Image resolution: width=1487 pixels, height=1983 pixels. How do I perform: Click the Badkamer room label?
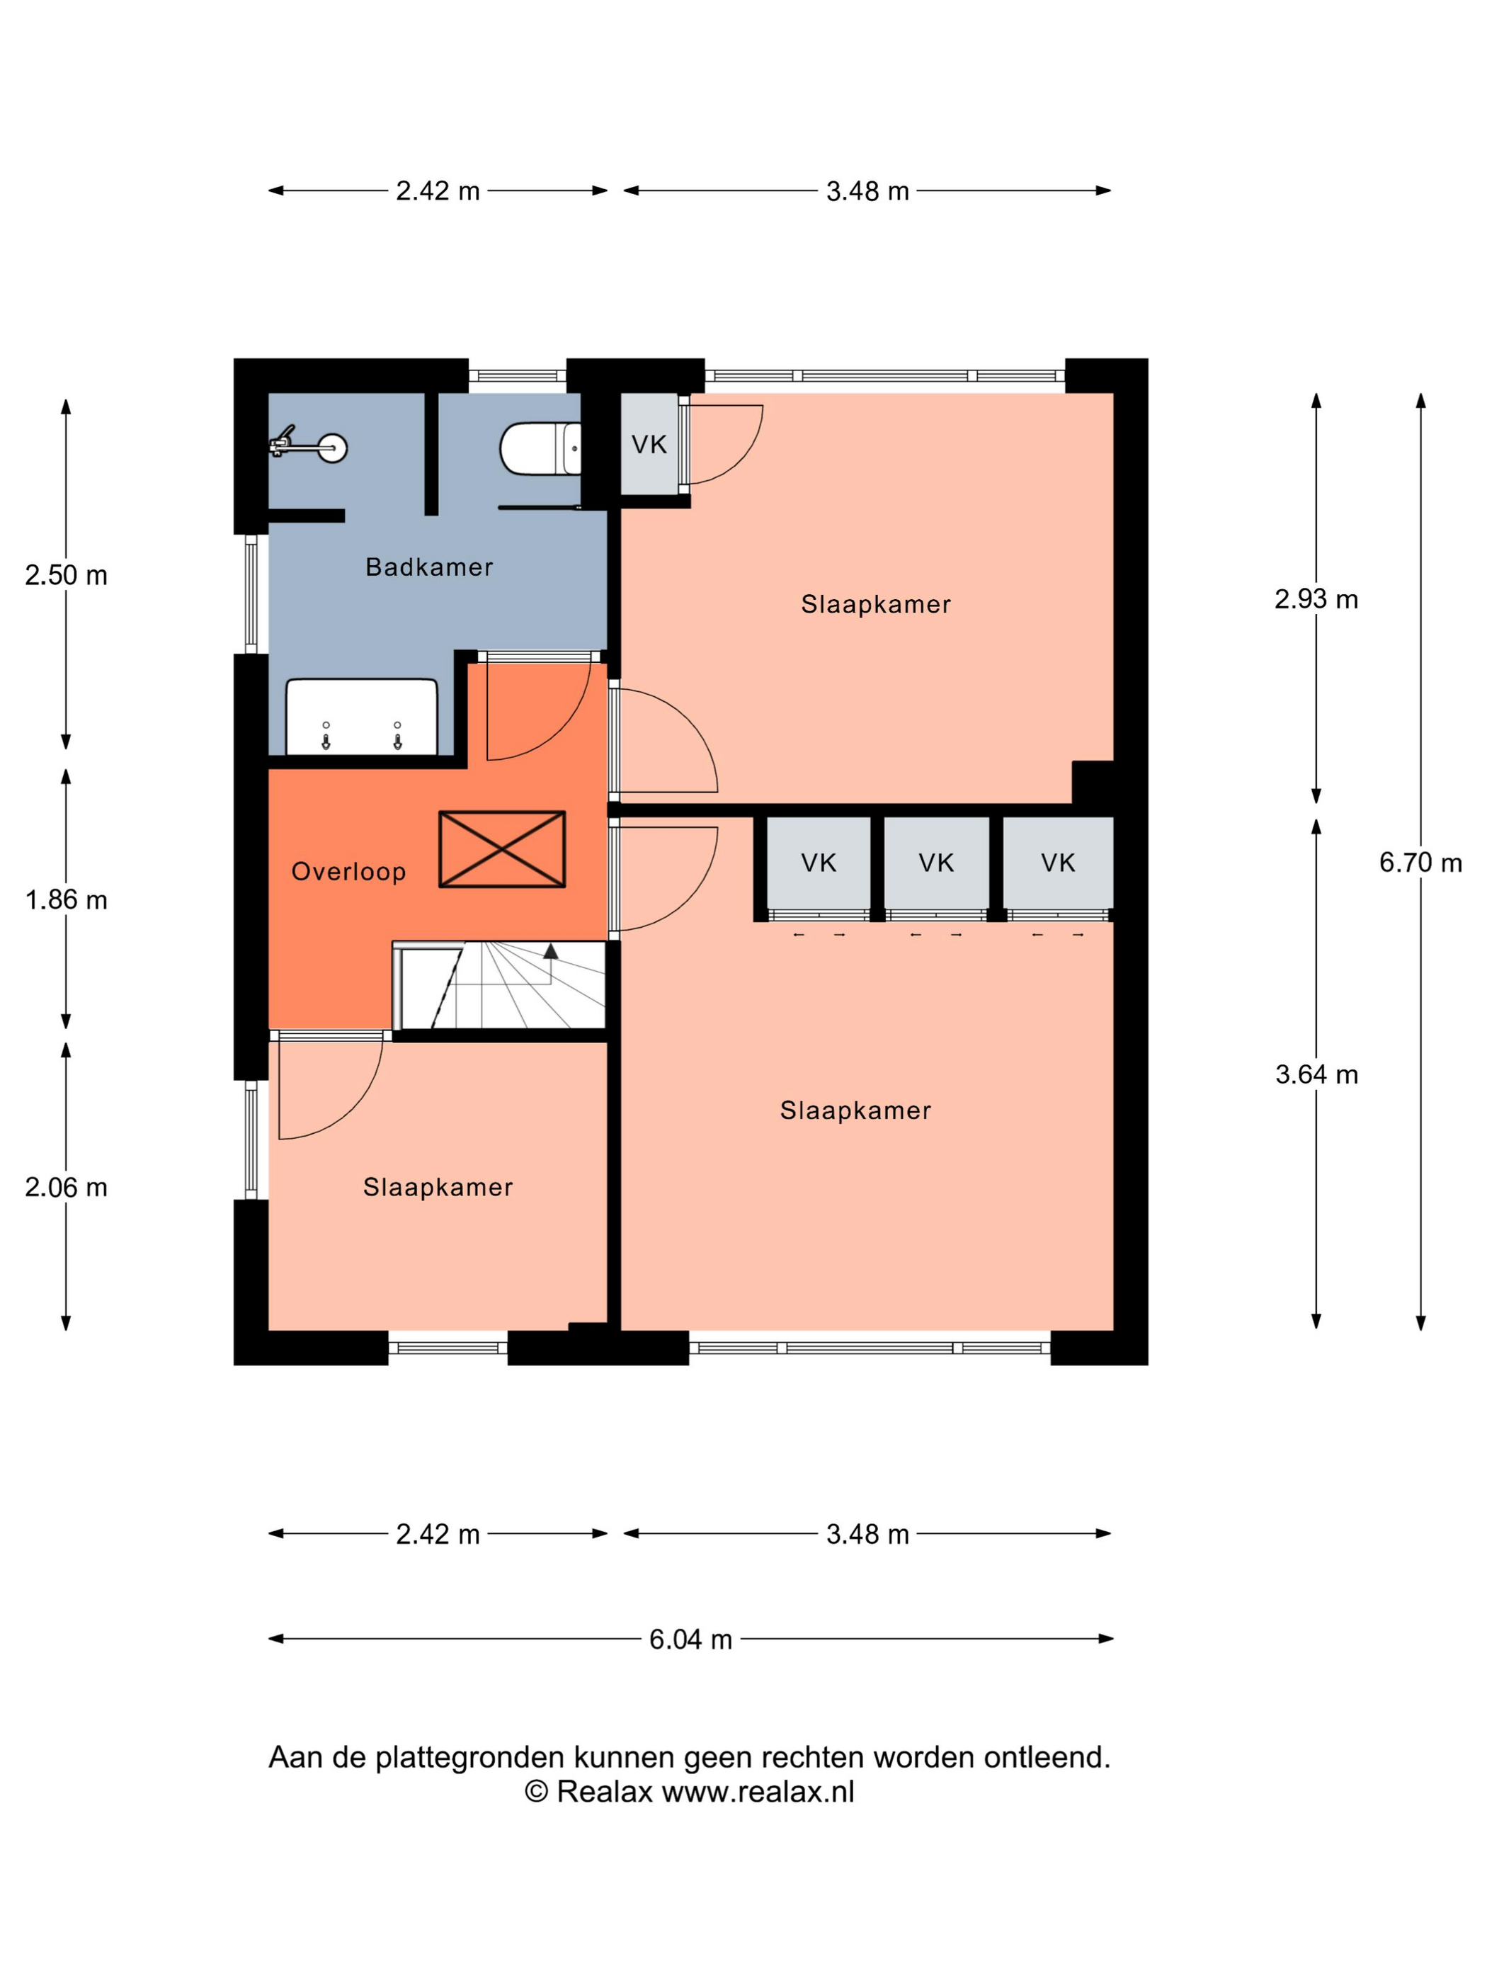(428, 567)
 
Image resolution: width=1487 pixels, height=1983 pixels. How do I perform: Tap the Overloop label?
(348, 871)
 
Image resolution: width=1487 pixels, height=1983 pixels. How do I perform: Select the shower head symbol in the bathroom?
(308, 445)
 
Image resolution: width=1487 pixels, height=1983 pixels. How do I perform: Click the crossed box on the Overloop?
(502, 849)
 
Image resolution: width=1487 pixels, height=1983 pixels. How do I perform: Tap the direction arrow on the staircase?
(550, 951)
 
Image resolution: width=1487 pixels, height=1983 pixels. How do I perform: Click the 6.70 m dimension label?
(1420, 863)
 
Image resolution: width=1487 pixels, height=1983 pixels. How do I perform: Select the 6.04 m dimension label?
(690, 1639)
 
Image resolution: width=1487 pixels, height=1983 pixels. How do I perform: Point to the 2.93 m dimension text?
(1316, 599)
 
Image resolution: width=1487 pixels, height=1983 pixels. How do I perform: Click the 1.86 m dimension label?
(65, 899)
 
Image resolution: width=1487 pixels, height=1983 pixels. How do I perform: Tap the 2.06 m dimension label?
(65, 1187)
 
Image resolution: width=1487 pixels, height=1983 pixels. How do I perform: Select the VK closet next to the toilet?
(649, 444)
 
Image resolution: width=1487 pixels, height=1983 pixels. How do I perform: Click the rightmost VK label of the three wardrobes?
(1058, 863)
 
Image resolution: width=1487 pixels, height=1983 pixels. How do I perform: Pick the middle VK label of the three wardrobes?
(936, 863)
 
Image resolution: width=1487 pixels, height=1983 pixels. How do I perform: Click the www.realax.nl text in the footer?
(758, 1791)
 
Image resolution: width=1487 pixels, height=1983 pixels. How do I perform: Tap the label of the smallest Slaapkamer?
(438, 1187)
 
